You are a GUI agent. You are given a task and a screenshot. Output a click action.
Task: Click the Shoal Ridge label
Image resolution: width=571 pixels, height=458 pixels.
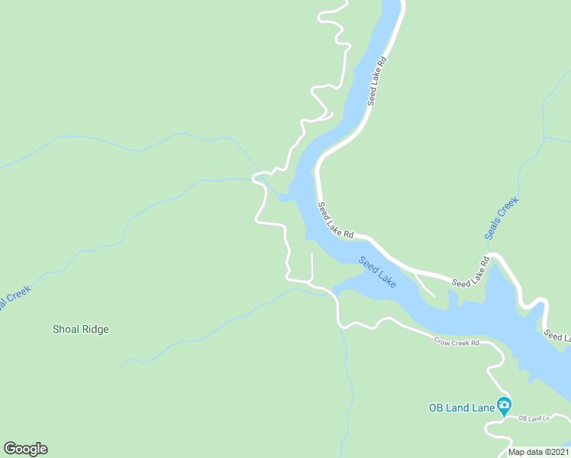pos(80,330)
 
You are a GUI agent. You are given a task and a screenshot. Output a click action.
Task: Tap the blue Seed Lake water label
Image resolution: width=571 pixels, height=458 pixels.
pos(378,272)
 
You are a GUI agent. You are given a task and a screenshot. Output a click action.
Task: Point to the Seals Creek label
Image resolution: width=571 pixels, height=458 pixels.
pos(502,218)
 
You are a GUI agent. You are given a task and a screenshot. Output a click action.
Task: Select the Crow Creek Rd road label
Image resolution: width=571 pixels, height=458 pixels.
pos(456,343)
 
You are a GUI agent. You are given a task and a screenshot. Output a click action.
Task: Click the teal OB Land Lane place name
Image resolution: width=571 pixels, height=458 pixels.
pos(462,408)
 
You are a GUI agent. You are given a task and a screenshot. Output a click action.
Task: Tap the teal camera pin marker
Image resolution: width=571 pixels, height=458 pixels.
pos(504,405)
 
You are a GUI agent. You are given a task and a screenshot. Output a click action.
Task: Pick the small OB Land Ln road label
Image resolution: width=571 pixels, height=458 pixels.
pos(534,418)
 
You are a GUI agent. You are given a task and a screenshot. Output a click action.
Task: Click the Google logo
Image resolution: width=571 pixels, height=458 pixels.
pos(25,449)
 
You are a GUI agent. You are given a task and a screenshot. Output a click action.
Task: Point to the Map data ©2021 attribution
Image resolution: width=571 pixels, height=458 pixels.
pos(538,452)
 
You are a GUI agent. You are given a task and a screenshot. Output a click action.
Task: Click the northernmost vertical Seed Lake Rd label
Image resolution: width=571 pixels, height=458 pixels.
pos(378,79)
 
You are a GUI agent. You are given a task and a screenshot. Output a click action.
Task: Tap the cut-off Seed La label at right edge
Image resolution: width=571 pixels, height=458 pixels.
pos(556,336)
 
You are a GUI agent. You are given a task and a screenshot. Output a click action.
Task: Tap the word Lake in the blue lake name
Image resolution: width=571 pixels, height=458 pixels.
pos(387,279)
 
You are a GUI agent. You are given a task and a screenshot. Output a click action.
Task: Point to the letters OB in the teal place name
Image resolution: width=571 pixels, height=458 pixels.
pos(436,408)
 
